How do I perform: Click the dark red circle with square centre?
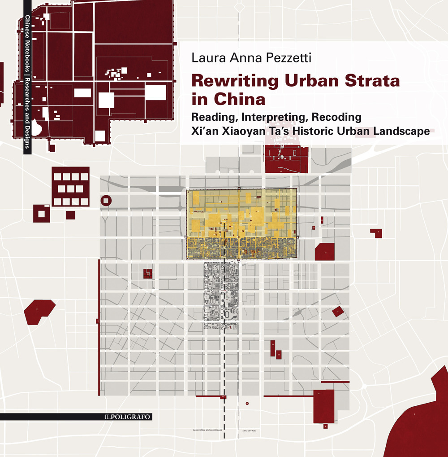[106, 201]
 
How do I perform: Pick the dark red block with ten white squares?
[71, 187]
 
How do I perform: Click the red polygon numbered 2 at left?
[39, 312]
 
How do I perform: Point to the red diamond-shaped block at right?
[338, 311]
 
